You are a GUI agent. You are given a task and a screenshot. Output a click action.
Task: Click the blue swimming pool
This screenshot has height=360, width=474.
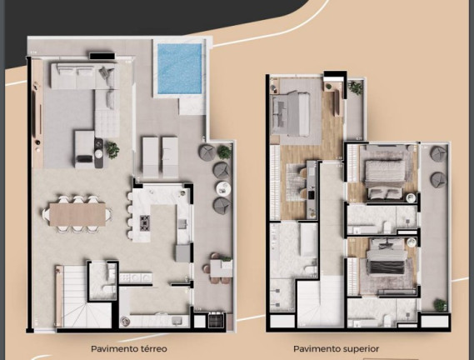coord(180,68)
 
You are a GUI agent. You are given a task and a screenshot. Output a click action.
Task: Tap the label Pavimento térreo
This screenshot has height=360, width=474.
coord(129,349)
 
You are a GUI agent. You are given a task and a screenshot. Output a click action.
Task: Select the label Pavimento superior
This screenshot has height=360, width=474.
coord(337,349)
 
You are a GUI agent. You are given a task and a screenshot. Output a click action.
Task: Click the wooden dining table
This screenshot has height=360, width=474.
coord(77,214)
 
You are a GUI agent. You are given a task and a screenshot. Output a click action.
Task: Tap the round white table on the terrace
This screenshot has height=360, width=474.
coord(223,188)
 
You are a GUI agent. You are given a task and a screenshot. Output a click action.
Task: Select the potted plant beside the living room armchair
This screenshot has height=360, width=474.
coord(112,150)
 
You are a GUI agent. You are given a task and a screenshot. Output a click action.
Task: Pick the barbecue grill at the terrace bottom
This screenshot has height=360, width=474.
coord(217,319)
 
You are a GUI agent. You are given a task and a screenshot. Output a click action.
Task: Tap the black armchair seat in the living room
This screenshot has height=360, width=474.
coord(85,158)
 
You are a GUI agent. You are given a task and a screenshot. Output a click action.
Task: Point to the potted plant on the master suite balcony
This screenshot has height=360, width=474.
coord(356,88)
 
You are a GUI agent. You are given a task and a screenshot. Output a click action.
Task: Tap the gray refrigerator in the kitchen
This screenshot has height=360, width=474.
coord(183,252)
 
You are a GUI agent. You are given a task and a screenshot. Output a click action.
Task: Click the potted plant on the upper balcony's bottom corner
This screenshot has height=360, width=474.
coord(440,305)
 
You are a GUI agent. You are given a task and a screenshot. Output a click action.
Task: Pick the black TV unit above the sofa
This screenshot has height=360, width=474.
coord(102,56)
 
